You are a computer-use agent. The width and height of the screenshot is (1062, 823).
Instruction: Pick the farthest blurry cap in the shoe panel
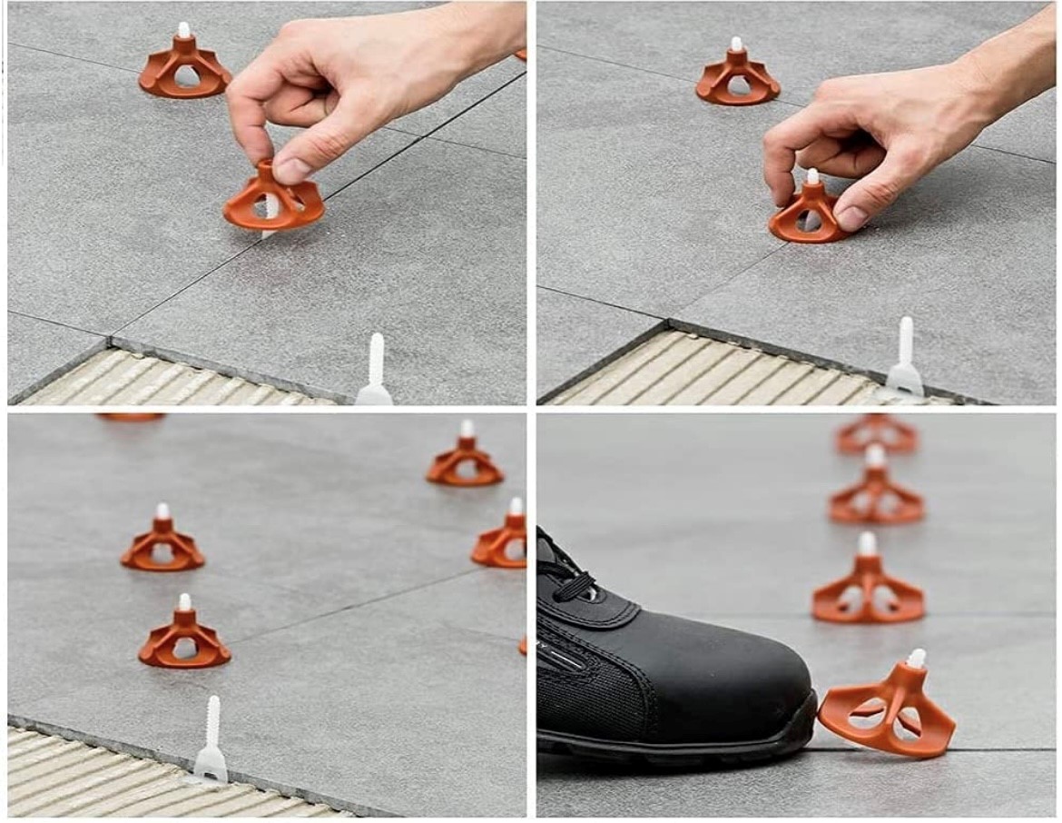click(876, 433)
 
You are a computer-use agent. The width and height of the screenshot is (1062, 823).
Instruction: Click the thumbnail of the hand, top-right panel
click(851, 217)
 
